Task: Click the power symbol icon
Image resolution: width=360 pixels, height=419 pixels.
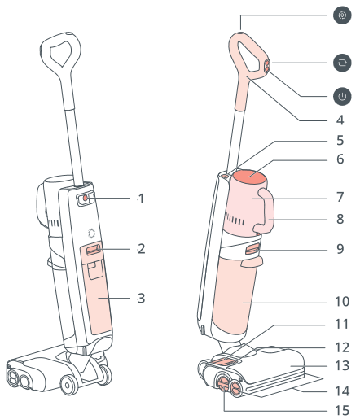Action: point(342,96)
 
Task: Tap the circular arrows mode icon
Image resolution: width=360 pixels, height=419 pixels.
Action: point(342,63)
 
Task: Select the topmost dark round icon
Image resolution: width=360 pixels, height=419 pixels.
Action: point(342,15)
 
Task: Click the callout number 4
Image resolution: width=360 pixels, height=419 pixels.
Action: point(340,120)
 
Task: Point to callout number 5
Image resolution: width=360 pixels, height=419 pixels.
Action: point(340,140)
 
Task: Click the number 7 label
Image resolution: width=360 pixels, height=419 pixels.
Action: point(340,197)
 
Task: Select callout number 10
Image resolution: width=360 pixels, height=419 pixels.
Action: point(342,302)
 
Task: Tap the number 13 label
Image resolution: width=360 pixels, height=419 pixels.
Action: point(342,366)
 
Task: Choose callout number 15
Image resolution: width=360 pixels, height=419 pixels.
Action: point(342,411)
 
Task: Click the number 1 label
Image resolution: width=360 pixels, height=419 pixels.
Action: point(141,199)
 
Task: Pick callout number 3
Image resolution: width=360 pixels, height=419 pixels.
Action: point(141,299)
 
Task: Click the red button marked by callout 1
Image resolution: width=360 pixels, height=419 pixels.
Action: point(86,199)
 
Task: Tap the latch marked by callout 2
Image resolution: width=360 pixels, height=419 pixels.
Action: point(93,250)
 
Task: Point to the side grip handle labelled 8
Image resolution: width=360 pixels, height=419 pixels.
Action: point(266,211)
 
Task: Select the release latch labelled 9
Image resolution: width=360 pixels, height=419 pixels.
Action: point(252,249)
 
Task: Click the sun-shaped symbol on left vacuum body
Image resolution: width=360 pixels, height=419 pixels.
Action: point(92,234)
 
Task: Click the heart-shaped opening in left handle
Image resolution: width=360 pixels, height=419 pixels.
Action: point(61,54)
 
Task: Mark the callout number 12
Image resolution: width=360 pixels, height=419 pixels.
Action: point(342,347)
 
